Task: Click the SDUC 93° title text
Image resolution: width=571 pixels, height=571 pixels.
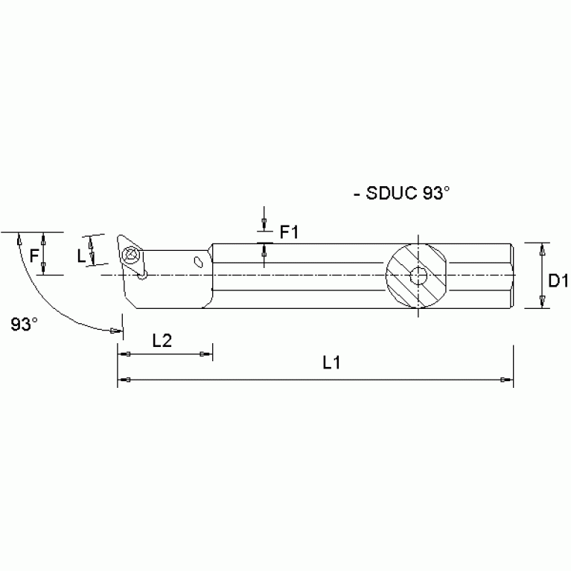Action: tap(403, 194)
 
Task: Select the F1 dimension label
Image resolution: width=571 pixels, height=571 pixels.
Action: tap(289, 232)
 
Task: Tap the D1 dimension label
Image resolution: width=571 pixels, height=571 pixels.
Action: tap(558, 281)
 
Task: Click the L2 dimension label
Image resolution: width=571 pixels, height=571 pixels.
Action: tap(162, 341)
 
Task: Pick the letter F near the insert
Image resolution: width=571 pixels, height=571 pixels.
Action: tap(34, 255)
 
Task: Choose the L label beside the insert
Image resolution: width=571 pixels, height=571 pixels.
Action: tap(81, 255)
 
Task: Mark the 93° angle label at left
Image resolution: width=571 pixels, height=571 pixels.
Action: tap(25, 324)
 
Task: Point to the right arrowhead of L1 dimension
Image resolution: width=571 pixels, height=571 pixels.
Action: tap(507, 381)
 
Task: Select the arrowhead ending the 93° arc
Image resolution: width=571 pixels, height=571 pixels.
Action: tap(116, 329)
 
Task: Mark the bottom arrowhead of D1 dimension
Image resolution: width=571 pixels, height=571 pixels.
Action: tap(542, 301)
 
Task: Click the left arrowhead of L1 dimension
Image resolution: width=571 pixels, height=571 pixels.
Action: tap(125, 381)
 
